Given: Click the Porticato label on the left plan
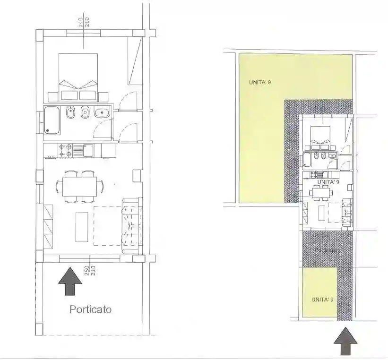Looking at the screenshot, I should pyautogui.click(x=91, y=310).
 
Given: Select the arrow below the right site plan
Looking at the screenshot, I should pyautogui.click(x=345, y=343).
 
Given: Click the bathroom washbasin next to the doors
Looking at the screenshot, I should pyautogui.click(x=102, y=113).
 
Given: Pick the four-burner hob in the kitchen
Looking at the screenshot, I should pyautogui.click(x=65, y=151).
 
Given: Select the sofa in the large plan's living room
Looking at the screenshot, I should pyautogui.click(x=131, y=226).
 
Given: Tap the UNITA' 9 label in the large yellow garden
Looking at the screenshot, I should pyautogui.click(x=260, y=83).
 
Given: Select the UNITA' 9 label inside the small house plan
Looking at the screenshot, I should pyautogui.click(x=328, y=181).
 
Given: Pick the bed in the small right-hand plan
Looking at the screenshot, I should pyautogui.click(x=323, y=136).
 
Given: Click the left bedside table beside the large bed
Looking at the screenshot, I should pyautogui.click(x=52, y=96).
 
